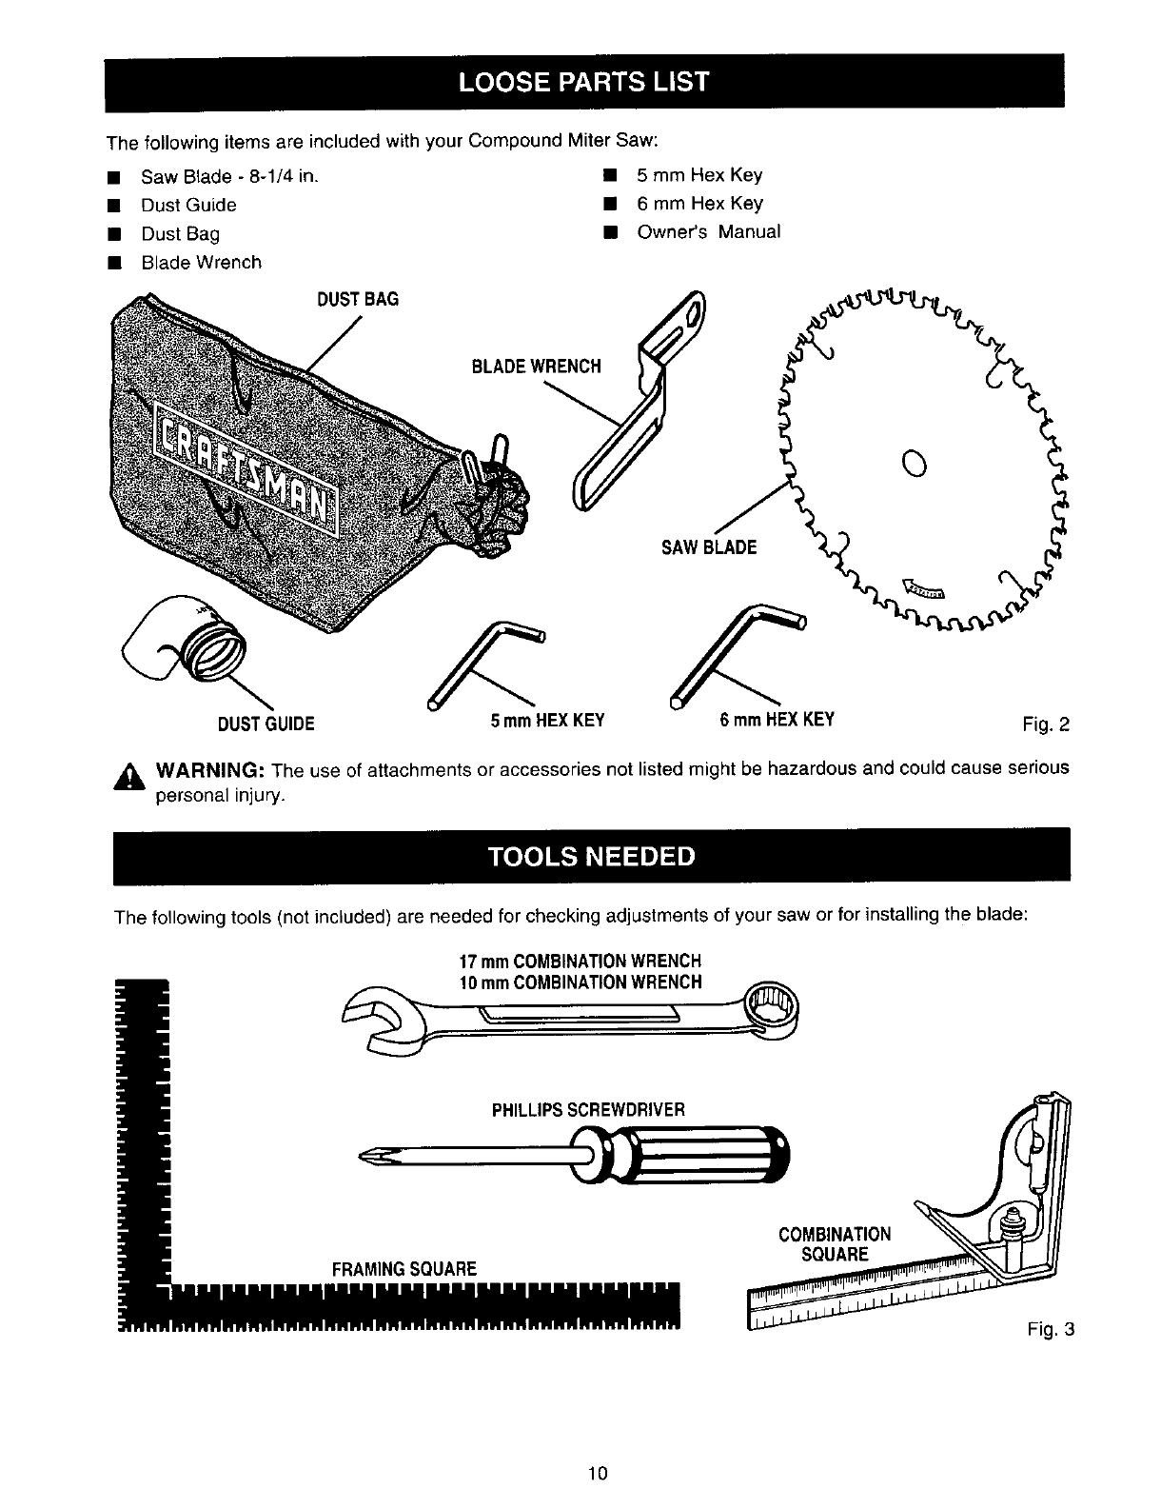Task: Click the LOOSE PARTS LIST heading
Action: click(x=583, y=81)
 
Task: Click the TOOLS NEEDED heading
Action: click(x=591, y=855)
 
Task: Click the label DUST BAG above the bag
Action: click(x=357, y=299)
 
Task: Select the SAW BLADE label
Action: click(x=709, y=547)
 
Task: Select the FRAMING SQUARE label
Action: click(x=403, y=1268)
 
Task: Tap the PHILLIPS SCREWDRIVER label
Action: click(x=588, y=1110)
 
